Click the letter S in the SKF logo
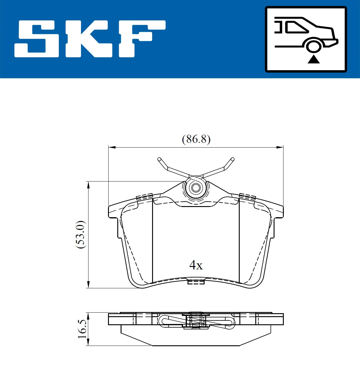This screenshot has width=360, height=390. [x=37, y=39]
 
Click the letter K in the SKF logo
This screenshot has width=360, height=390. [x=87, y=39]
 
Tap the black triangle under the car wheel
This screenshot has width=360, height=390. [x=313, y=59]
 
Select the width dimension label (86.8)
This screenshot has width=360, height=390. [x=196, y=139]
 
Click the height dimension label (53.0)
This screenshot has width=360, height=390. [x=80, y=235]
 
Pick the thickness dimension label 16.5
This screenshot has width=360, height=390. [x=82, y=329]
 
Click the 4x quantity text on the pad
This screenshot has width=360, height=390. [x=196, y=265]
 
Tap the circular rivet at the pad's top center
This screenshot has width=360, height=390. [x=196, y=188]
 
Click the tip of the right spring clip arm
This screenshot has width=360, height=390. [x=232, y=159]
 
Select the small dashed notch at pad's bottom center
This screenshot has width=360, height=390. [x=196, y=282]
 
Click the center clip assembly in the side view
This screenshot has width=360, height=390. [x=196, y=320]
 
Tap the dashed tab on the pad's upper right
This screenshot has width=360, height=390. [x=247, y=197]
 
